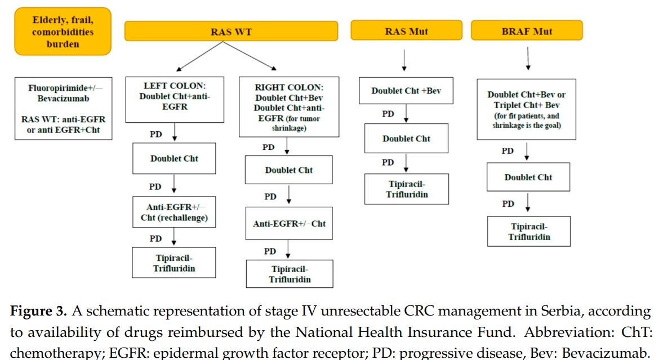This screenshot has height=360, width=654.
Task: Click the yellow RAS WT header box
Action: point(231,31)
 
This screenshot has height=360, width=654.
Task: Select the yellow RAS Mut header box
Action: point(406,30)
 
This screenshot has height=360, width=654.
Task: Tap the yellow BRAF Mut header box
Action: point(527,30)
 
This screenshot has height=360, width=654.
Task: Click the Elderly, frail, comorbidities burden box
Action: point(63,32)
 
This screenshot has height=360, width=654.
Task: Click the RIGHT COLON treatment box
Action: point(290,106)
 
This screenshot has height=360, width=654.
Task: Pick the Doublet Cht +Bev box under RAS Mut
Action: point(406,91)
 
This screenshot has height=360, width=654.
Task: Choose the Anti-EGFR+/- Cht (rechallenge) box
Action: point(175,212)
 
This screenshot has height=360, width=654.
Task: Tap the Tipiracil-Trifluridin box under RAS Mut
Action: point(406,189)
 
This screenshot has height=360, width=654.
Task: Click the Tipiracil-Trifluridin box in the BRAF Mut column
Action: point(528,232)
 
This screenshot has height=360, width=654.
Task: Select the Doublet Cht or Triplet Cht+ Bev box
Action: point(526,109)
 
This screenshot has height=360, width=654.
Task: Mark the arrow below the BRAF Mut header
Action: point(527,59)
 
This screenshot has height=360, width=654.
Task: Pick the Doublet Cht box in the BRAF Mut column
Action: point(528,177)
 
